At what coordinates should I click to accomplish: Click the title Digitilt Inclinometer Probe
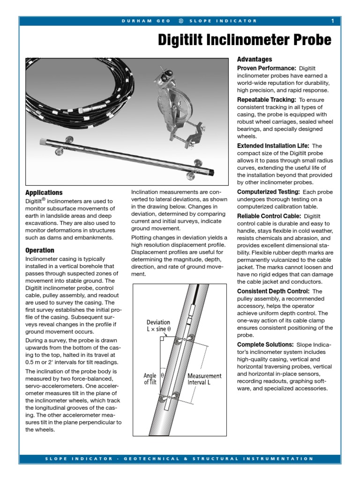point(245,40)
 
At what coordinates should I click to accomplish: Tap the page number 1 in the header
point(332,21)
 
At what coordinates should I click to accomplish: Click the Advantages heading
point(254,60)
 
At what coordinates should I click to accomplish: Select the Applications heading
point(44,193)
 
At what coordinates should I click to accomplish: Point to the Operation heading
point(40,250)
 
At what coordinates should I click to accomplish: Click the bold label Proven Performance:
point(266,68)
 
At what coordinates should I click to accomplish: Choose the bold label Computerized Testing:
point(269,192)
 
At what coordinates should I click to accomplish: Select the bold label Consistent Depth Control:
point(273,291)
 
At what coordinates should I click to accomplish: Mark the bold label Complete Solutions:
point(265,345)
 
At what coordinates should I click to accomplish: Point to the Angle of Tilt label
point(150,379)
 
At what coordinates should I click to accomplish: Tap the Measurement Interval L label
point(204,379)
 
